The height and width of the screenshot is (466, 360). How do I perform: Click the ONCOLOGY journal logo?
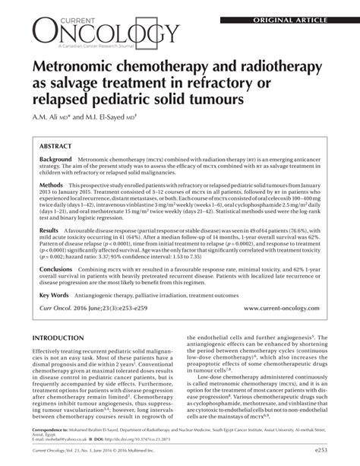[106, 30]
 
